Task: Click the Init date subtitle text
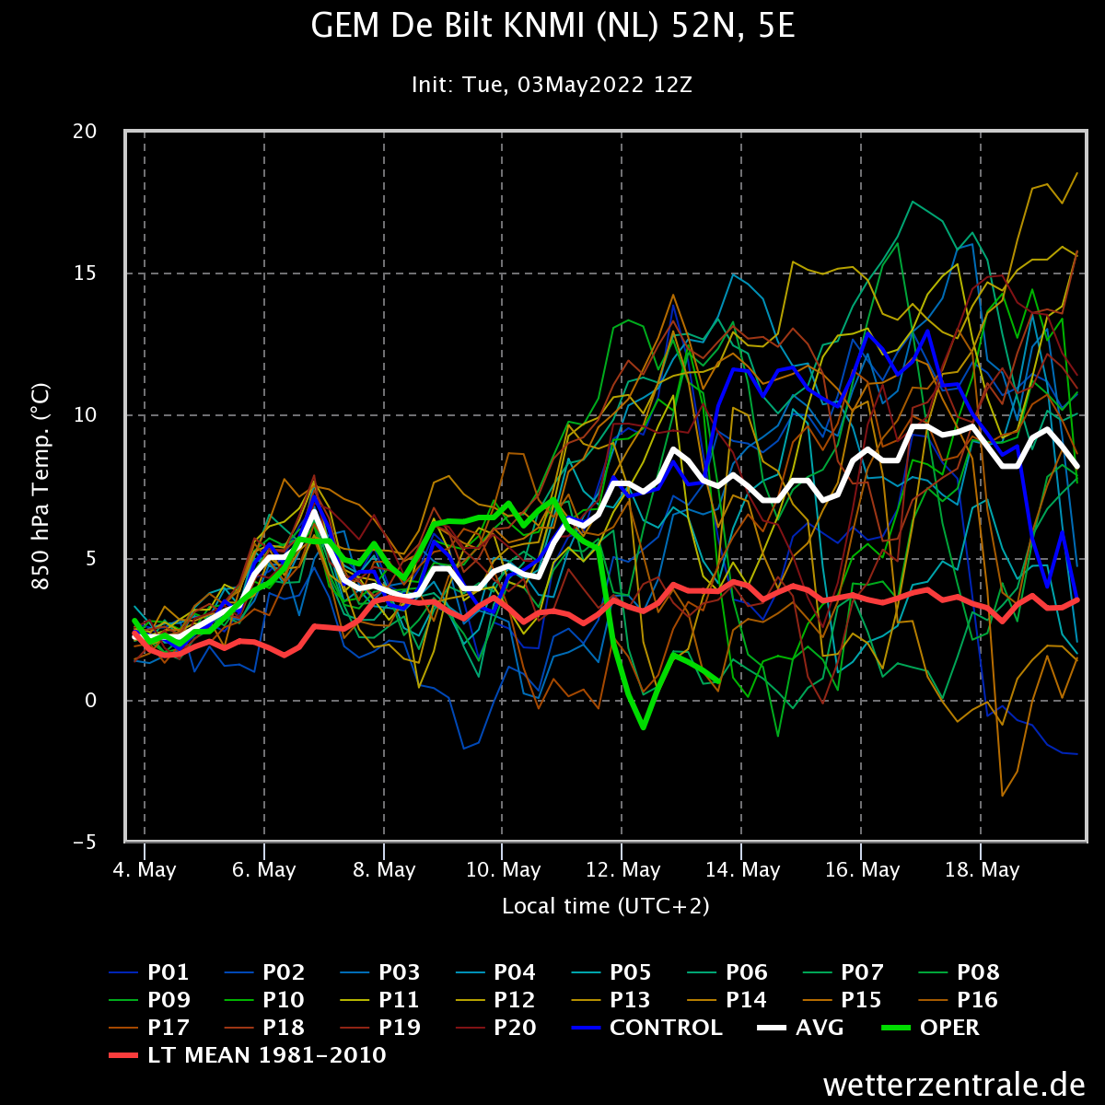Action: pos(552,85)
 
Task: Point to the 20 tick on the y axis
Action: pos(85,132)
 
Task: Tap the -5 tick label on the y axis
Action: pos(85,843)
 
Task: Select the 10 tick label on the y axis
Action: pos(85,415)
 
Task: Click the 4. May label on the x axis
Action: pos(145,870)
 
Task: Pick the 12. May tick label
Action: pos(622,870)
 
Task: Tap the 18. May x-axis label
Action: pos(983,870)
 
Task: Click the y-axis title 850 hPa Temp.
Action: pos(41,486)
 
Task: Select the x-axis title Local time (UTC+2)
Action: pos(606,906)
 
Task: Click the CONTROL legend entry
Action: pos(647,1028)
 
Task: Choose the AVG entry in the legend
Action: pos(800,1028)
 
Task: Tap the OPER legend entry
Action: pos(931,1028)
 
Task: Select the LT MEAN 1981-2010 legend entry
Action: pos(248,1055)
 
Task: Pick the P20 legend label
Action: pos(496,1028)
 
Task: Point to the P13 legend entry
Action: pos(611,1000)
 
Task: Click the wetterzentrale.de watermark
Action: pos(954,1085)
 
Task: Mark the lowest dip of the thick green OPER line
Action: pos(644,727)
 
